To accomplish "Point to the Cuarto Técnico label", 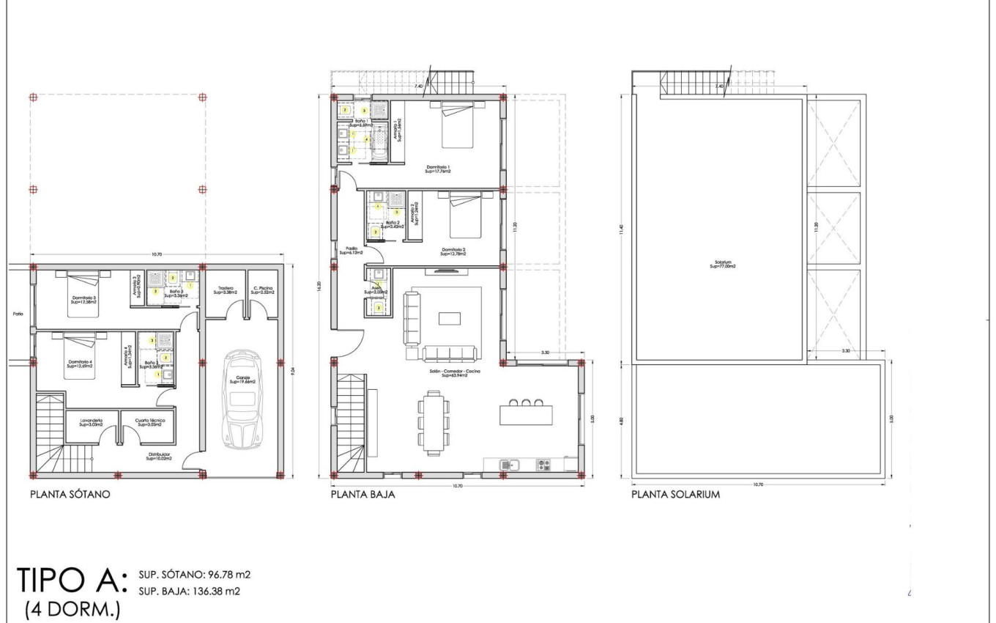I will click(149, 421).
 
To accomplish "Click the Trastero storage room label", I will click(224, 290).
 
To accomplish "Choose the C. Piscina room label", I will click(262, 290).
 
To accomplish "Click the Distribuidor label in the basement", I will click(159, 456).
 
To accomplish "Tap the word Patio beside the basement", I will click(18, 314).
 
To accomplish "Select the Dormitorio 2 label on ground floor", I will click(454, 251).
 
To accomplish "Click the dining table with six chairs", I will click(433, 421).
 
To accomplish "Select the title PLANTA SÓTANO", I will click(70, 495).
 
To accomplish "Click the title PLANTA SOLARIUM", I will click(675, 495).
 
